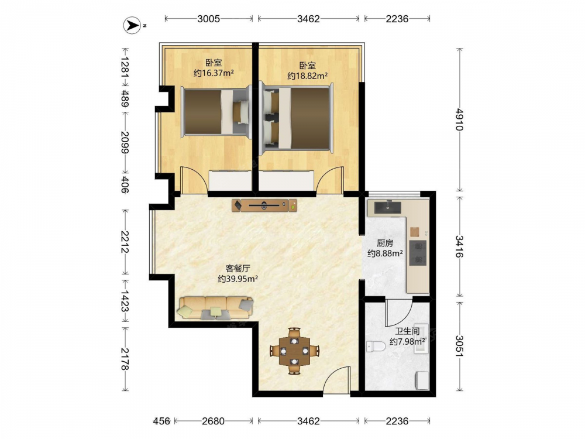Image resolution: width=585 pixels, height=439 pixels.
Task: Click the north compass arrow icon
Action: click(132, 26)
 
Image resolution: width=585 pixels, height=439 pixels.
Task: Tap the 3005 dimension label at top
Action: click(209, 19)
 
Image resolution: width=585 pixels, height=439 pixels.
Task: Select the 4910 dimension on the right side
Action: click(459, 119)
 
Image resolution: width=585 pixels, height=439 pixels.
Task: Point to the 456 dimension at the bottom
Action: click(161, 421)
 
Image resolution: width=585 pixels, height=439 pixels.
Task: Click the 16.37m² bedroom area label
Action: click(214, 73)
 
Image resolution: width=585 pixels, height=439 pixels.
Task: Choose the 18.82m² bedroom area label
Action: click(308, 76)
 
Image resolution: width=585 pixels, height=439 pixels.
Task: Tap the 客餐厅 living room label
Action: click(238, 268)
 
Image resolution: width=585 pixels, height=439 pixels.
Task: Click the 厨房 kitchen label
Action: click(385, 243)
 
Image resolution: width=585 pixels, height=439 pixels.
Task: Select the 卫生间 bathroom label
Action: click(407, 331)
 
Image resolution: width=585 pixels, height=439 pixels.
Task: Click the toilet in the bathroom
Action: click(376, 347)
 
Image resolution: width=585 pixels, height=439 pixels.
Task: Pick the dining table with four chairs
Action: click(294, 351)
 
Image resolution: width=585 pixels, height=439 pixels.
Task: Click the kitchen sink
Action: click(388, 207)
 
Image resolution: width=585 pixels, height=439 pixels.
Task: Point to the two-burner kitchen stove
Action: click(418, 253)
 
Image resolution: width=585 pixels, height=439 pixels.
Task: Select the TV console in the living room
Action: click(264, 205)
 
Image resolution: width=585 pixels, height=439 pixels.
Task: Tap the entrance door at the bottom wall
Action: click(337, 379)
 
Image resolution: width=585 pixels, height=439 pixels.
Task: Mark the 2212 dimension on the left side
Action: click(125, 242)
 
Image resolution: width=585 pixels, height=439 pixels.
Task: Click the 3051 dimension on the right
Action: click(459, 347)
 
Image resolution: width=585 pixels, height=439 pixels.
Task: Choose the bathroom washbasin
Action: click(421, 338)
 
